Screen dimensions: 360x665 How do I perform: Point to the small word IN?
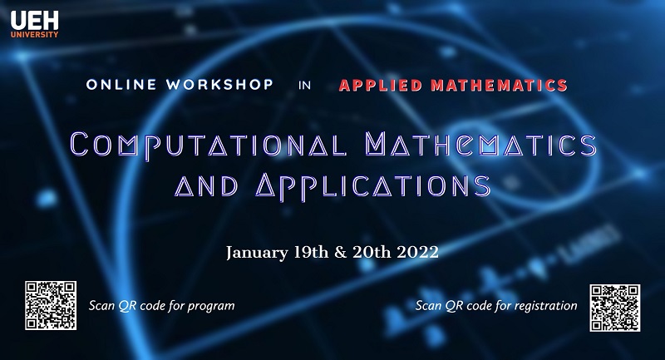(x=306, y=86)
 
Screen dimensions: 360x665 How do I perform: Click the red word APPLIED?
(x=382, y=85)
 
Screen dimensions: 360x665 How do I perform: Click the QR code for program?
(x=50, y=305)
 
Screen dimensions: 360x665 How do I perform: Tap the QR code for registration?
(x=614, y=305)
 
